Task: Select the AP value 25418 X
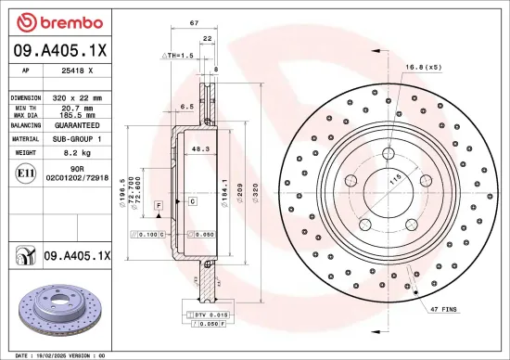pyautogui.click(x=76, y=70)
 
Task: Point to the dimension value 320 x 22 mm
pyautogui.click(x=77, y=96)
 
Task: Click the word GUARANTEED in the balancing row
pyautogui.click(x=77, y=123)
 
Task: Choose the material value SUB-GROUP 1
pyautogui.click(x=77, y=137)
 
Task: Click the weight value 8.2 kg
pyautogui.click(x=75, y=151)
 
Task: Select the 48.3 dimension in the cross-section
pyautogui.click(x=198, y=148)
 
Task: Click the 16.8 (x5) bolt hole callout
pyautogui.click(x=423, y=67)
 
